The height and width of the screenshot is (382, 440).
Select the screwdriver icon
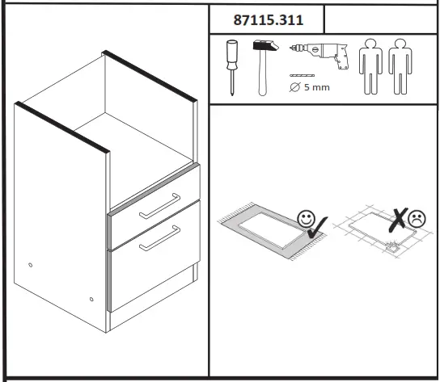click(x=231, y=67)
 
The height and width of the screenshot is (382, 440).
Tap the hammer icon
click(x=262, y=67)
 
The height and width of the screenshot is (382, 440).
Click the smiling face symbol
click(x=306, y=217)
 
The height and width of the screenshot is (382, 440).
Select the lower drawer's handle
click(x=159, y=238)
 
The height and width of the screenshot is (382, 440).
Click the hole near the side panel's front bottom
click(x=91, y=301)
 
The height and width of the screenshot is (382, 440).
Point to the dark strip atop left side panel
click(x=63, y=126)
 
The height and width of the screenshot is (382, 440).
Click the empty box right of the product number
click(x=379, y=20)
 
